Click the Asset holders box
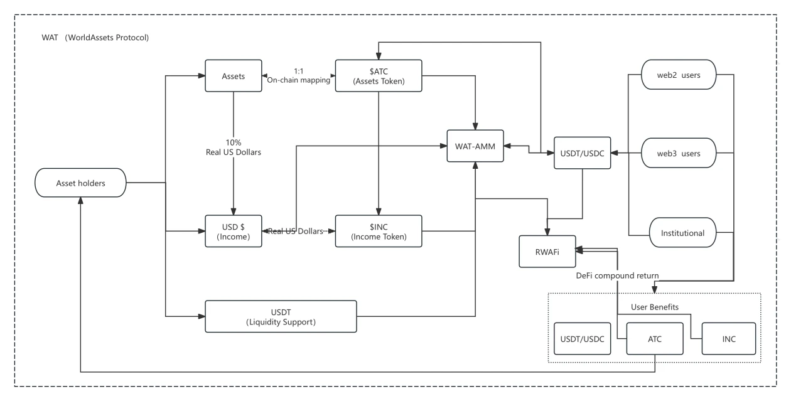click(x=81, y=183)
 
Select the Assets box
click(x=233, y=77)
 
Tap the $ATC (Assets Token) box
click(x=378, y=76)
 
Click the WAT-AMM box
click(x=475, y=146)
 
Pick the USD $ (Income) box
click(x=234, y=231)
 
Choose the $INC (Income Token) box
click(x=378, y=231)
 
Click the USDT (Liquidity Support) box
click(x=281, y=316)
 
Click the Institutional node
click(x=682, y=233)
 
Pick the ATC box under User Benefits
click(x=655, y=339)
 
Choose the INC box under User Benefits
click(x=728, y=339)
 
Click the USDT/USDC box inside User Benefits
click(x=583, y=339)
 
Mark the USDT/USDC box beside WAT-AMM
click(x=582, y=153)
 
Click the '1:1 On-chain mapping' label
click(x=298, y=75)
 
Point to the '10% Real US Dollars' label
click(x=234, y=148)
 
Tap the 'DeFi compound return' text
click(x=617, y=275)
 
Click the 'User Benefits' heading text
click(x=655, y=307)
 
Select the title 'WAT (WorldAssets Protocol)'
click(x=95, y=38)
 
